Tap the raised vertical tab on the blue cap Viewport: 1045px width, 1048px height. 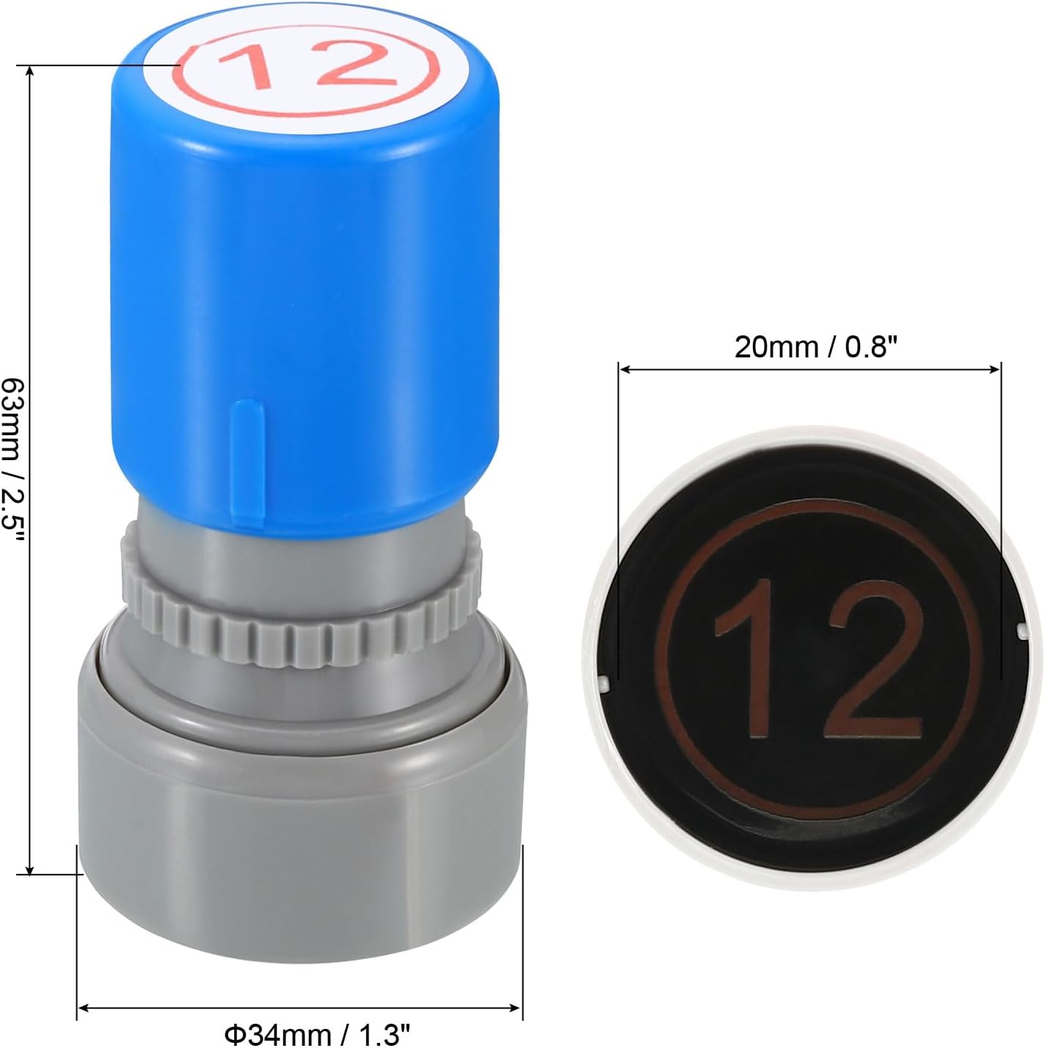pos(249,465)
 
